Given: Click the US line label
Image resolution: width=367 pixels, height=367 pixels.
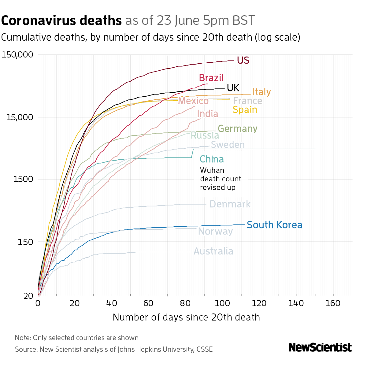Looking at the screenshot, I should click(243, 61).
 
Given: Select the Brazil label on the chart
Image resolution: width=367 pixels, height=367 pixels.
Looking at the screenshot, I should click(211, 78).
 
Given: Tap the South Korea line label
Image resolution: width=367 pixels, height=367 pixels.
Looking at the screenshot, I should click(274, 225).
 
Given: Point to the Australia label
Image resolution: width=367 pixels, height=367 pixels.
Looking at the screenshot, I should click(213, 251).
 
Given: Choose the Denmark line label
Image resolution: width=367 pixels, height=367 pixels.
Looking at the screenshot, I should click(230, 204).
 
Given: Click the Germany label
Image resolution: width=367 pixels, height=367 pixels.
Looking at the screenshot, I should click(237, 129).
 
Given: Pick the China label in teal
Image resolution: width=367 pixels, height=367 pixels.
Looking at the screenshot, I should click(212, 159).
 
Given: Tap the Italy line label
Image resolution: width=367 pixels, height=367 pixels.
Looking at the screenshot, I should click(261, 92).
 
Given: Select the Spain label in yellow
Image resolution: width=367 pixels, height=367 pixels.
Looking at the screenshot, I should click(245, 109).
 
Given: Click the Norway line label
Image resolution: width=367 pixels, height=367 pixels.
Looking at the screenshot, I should click(215, 232).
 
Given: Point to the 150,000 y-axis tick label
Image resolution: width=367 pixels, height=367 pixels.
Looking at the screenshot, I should click(17, 55).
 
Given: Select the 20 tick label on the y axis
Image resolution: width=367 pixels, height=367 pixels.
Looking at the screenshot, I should click(28, 296).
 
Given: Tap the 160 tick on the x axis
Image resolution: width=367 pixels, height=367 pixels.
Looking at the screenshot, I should click(333, 303).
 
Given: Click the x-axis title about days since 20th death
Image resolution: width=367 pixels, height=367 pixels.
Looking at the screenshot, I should click(186, 317).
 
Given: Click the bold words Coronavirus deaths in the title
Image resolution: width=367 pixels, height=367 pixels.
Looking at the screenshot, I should click(61, 21).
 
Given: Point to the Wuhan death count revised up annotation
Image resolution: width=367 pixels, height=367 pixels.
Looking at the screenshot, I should click(220, 179).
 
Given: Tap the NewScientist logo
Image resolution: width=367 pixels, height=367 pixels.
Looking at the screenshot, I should click(320, 347).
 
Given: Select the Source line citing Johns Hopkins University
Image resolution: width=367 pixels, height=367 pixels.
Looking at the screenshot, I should click(113, 349).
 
